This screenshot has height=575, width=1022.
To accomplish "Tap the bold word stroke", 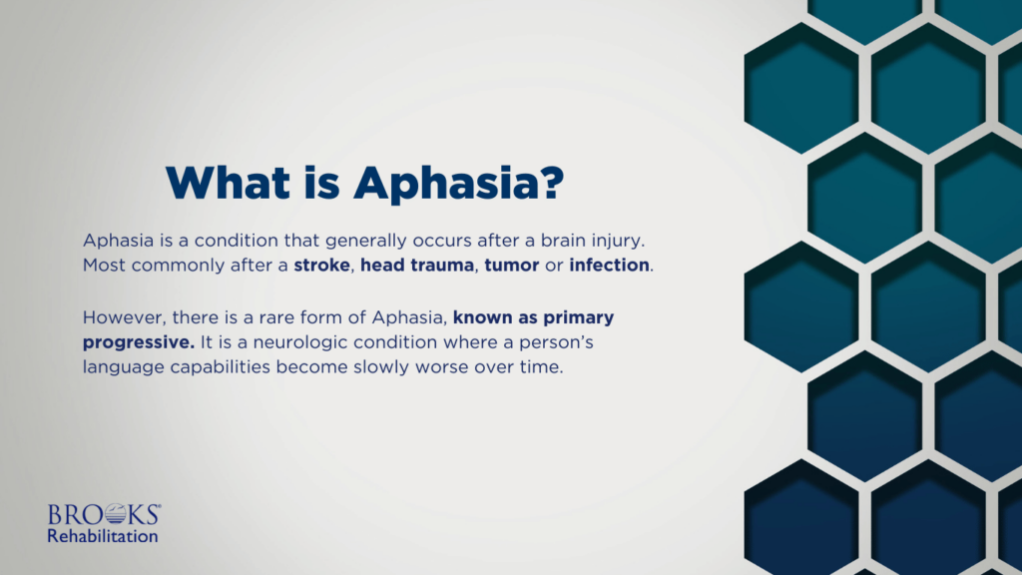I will [x=322, y=267].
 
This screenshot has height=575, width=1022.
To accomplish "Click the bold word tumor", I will [x=511, y=267].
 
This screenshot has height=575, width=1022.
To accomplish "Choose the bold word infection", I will [x=609, y=267].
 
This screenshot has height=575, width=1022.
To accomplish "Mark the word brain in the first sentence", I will [x=531, y=243].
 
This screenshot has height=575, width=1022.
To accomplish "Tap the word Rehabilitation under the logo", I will [x=103, y=536].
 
